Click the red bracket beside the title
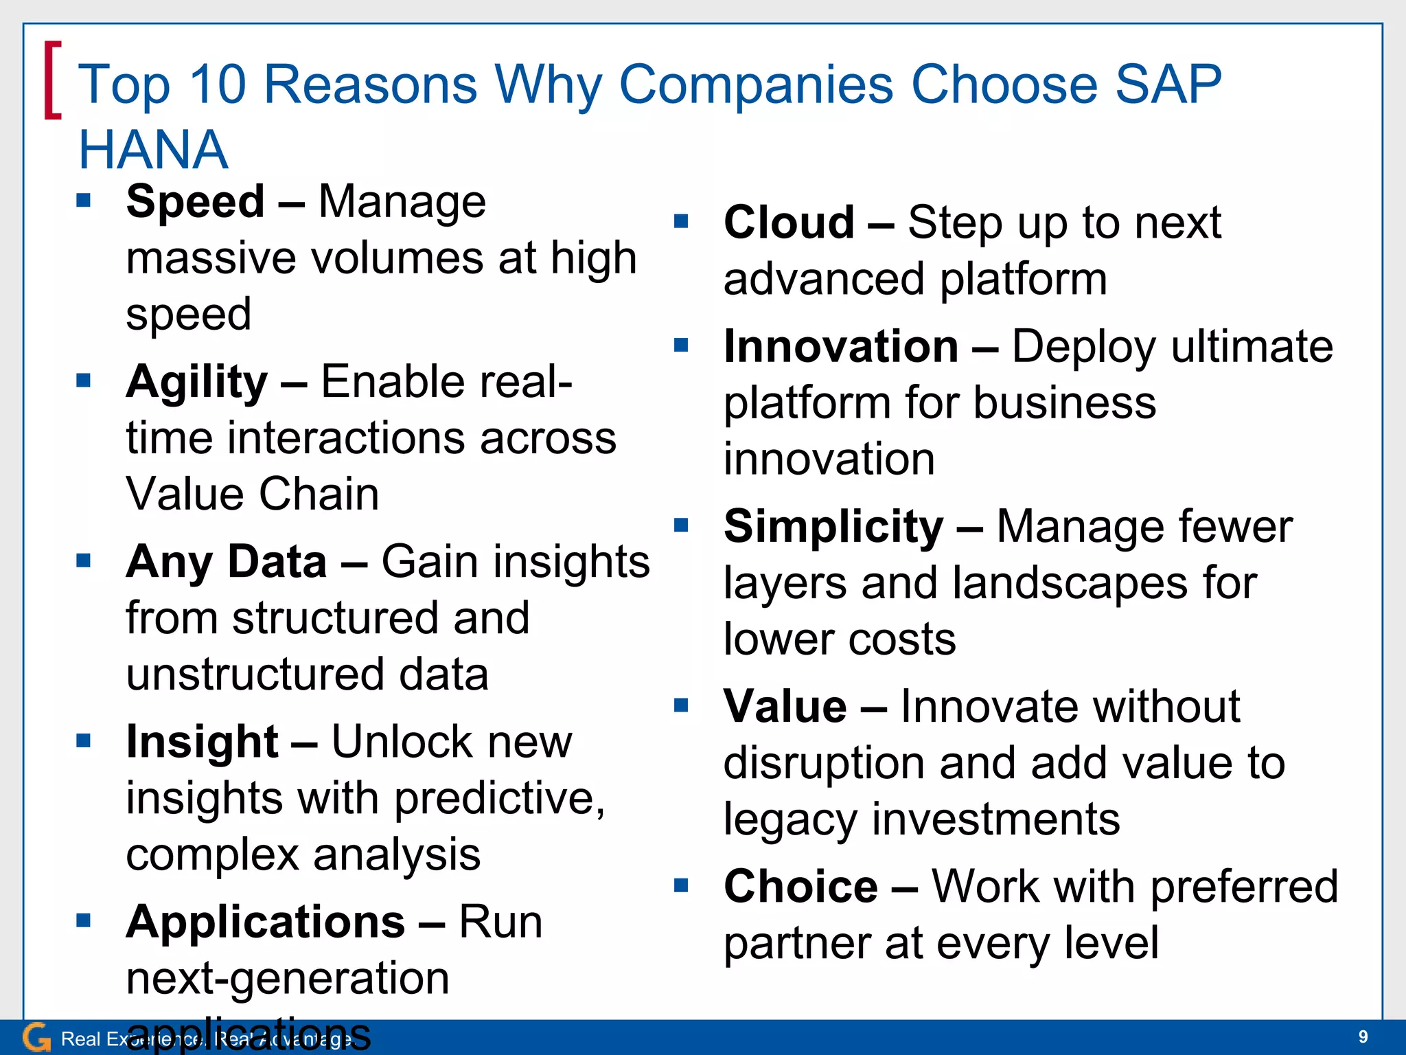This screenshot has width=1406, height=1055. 52,80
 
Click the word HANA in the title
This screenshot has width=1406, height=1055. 152,150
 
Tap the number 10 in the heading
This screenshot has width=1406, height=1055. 217,84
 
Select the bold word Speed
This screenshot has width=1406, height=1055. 195,202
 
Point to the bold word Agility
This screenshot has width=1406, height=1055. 196,382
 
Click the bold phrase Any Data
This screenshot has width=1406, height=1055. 226,562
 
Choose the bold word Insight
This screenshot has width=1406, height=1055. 202,742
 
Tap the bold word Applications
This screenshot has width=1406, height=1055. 265,922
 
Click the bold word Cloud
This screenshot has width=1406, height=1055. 789,223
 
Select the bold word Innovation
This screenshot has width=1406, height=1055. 841,346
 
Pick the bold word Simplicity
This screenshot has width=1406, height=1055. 833,527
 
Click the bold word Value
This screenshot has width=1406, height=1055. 785,706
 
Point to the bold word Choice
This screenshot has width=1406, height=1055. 800,886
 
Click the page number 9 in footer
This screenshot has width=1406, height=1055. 1363,1036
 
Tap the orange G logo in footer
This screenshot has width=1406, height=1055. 36,1037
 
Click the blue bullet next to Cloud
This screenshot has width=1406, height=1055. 680,221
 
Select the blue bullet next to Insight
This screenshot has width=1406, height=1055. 83,740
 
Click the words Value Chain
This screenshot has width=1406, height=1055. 252,494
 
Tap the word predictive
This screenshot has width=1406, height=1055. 500,799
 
